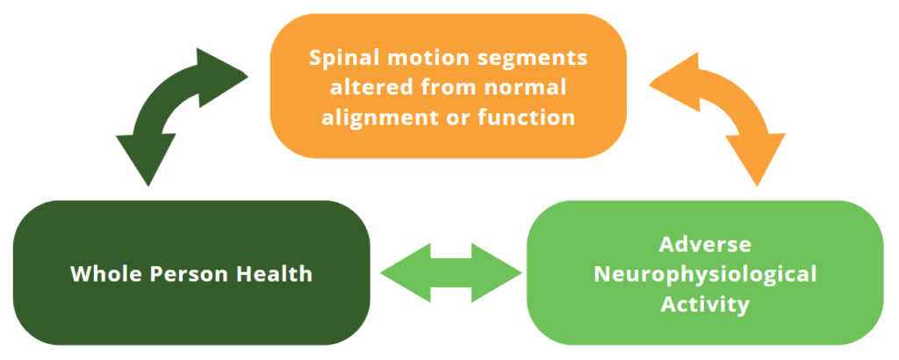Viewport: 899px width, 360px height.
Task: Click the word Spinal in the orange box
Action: click(x=339, y=59)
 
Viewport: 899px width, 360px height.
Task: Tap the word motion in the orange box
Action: click(x=412, y=59)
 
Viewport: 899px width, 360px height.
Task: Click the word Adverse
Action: click(x=705, y=244)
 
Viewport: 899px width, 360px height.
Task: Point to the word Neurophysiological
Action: click(x=705, y=274)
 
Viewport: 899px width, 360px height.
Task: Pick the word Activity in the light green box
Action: click(x=705, y=304)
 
